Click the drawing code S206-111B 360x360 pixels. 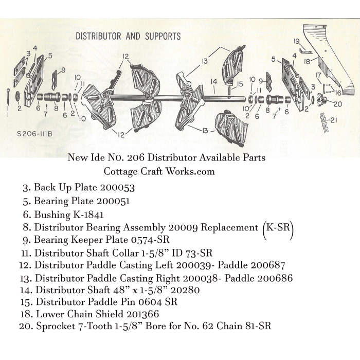pos(34,134)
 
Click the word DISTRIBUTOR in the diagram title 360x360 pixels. pos(98,37)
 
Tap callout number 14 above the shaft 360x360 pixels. pos(214,81)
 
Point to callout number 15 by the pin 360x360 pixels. pos(240,84)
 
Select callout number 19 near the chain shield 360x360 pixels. pos(297,41)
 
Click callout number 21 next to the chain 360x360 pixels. pos(333,120)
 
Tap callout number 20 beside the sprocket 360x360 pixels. pos(338,104)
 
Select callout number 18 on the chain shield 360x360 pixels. pos(308,62)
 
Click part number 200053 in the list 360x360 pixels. pos(117,188)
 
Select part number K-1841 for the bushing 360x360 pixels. pos(88,214)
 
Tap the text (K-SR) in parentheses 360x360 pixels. pos(278,228)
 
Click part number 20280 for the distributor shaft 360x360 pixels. pos(185,290)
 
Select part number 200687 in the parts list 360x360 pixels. pos(268,265)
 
